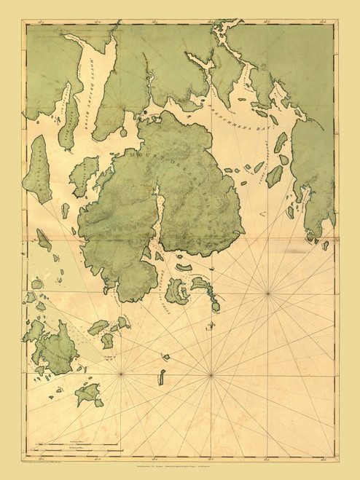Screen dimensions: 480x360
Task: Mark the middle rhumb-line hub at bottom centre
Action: click(211, 376)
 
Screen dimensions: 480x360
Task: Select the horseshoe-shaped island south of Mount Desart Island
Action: click(178, 292)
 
